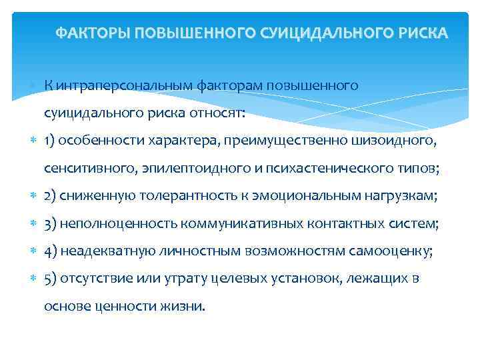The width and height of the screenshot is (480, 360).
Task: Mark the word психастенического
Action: (351, 168)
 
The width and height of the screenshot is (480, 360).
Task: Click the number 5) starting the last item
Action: (50, 279)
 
